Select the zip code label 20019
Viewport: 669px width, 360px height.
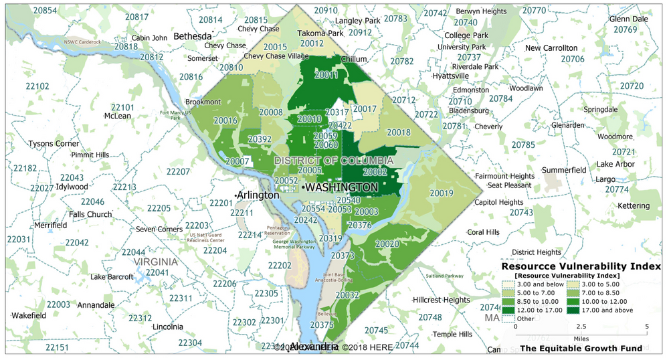coord(442,193)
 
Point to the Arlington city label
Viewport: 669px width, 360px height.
coord(258,195)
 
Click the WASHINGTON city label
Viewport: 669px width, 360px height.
coord(341,188)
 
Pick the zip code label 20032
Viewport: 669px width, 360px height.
coord(347,294)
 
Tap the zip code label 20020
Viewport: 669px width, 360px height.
coord(387,244)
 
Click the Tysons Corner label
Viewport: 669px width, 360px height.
coord(54,144)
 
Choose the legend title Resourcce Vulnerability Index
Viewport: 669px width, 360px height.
coord(581,266)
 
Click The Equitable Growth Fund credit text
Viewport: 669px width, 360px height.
coord(581,348)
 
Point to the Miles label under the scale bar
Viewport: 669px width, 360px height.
coord(581,339)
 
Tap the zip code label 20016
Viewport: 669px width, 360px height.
coord(225,120)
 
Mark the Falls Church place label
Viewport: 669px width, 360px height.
coord(90,214)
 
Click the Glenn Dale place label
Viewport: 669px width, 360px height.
coord(630,19)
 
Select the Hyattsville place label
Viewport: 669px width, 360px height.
coord(452,76)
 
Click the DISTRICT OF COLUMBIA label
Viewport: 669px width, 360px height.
coord(334,161)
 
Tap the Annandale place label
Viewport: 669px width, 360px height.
coord(96,305)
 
